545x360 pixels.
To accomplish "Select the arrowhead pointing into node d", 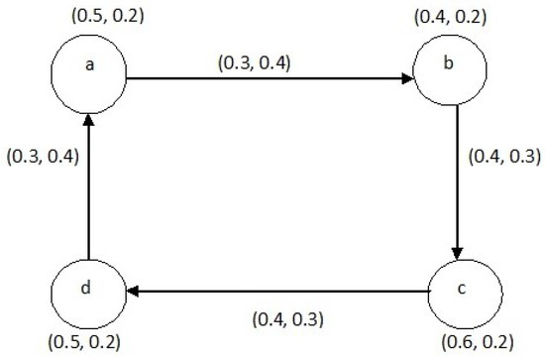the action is (132, 293).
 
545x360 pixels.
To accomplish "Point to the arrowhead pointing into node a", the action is (88, 120).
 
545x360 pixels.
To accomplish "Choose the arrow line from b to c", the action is (457, 179).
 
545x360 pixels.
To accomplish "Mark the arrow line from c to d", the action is (277, 293).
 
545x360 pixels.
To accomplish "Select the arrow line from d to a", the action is (88, 188).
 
